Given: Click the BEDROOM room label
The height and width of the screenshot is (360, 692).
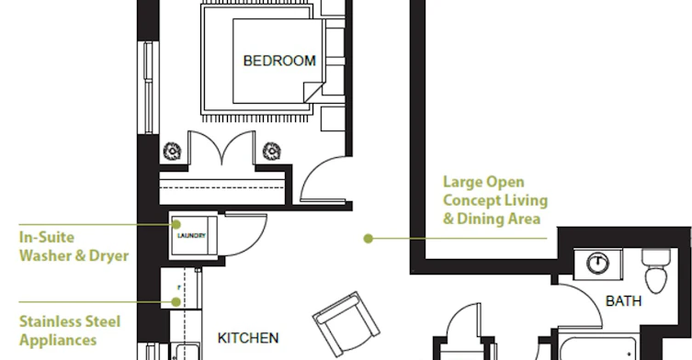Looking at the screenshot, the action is [279, 61].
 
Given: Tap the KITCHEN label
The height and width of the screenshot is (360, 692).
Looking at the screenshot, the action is [248, 338].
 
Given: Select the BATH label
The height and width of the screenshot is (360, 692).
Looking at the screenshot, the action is [624, 301].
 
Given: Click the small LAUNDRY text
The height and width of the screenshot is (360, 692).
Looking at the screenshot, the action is [191, 236].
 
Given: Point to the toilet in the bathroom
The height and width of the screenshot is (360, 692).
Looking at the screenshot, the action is [657, 270].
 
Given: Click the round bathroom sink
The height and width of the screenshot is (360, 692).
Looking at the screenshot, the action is [597, 264].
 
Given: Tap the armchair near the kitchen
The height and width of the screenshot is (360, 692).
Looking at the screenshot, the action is [346, 323].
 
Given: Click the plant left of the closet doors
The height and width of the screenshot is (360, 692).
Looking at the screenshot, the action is [172, 152].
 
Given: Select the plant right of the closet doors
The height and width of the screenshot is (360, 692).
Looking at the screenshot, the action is [271, 152].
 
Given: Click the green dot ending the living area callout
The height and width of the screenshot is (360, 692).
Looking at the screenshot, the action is [369, 239].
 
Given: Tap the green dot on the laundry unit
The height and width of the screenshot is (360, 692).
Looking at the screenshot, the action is [176, 225].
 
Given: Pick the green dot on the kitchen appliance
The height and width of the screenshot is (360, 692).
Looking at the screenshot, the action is [176, 302].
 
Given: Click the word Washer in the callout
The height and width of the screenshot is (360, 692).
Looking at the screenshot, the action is [47, 256].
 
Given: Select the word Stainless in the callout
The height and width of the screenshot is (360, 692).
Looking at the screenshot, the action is [51, 321].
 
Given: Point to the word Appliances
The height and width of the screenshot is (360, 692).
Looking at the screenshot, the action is [58, 340].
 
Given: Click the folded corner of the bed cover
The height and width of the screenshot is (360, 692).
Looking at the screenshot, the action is [313, 92].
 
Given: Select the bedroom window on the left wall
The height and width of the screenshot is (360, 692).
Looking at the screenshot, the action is [148, 87].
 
